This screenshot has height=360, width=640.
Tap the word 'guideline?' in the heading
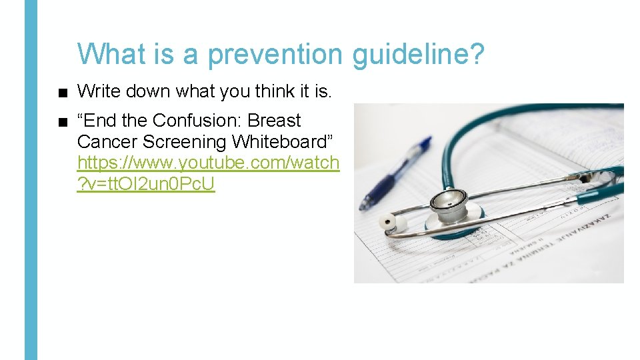[419, 54]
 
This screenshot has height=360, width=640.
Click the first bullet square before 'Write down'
[62, 92]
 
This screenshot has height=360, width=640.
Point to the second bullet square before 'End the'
[62, 121]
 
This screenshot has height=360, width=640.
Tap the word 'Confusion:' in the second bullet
[197, 121]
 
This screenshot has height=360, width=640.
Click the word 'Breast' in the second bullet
[275, 121]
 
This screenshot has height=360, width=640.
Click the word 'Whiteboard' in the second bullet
[285, 141]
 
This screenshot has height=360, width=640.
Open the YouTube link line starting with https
[208, 162]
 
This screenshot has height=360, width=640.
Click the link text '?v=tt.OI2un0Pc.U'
[146, 183]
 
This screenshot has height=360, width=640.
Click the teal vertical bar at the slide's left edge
[31, 180]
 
